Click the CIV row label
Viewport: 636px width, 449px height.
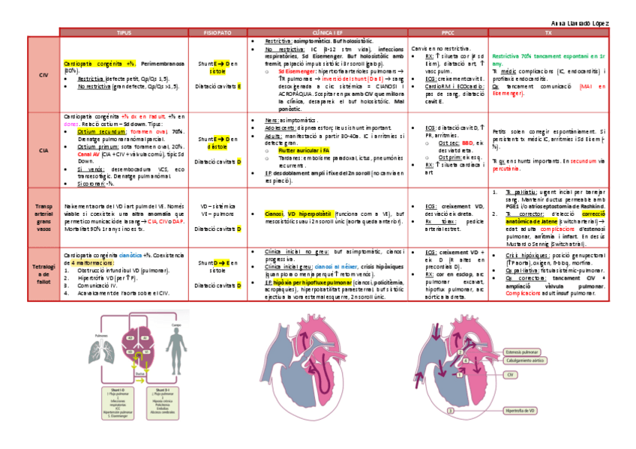click(x=43, y=76)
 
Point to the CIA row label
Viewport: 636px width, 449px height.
click(x=43, y=151)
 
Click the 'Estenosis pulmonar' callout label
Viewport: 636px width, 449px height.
click(x=524, y=352)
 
